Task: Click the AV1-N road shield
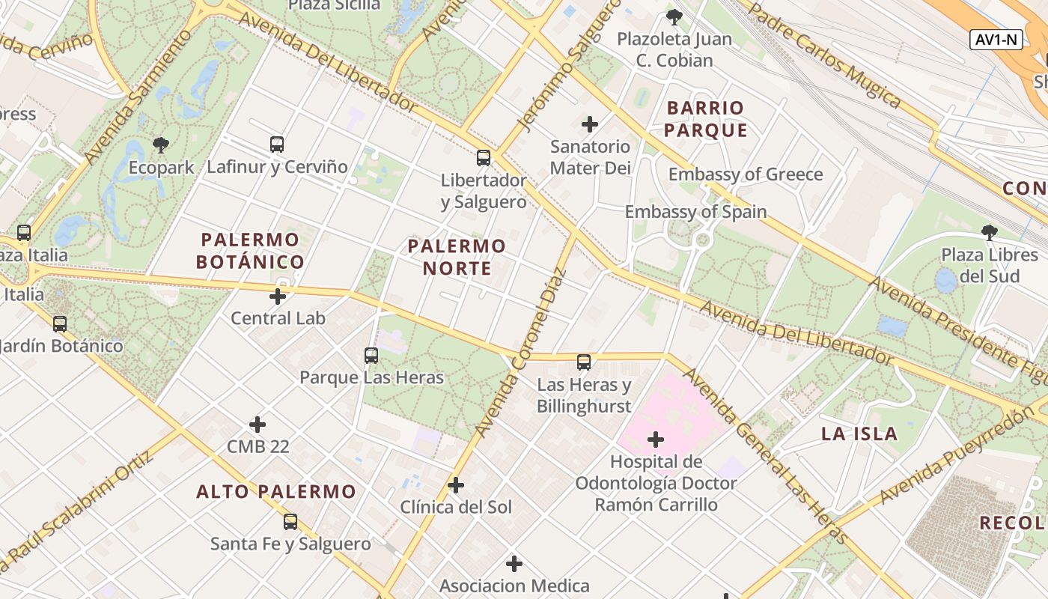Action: click(996, 40)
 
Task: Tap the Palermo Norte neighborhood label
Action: click(457, 257)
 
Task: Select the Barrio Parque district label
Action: click(706, 119)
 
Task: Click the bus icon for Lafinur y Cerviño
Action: click(277, 144)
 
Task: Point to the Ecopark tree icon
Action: click(160, 145)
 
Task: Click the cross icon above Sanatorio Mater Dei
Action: click(590, 124)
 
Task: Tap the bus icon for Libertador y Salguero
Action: click(484, 158)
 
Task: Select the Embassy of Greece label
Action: click(745, 174)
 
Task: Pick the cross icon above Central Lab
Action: click(278, 297)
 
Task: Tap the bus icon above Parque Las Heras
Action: click(371, 356)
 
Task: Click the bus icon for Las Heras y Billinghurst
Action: click(584, 362)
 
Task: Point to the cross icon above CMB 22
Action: click(258, 425)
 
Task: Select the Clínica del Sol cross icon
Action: click(456, 485)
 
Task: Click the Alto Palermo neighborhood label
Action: click(275, 492)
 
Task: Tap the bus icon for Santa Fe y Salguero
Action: click(290, 522)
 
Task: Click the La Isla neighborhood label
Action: click(859, 434)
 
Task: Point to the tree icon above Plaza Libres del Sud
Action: click(990, 232)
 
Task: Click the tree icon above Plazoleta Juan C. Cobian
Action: click(674, 16)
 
